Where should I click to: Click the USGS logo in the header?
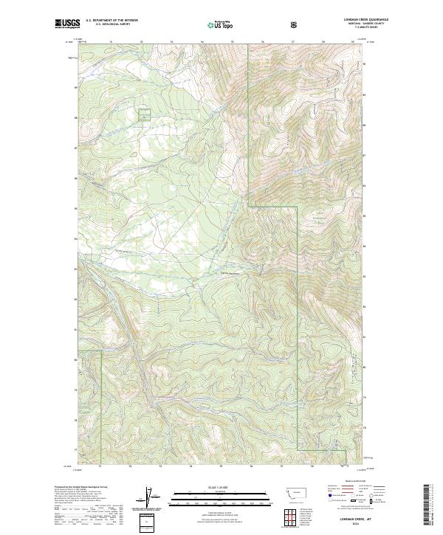(67, 24)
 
